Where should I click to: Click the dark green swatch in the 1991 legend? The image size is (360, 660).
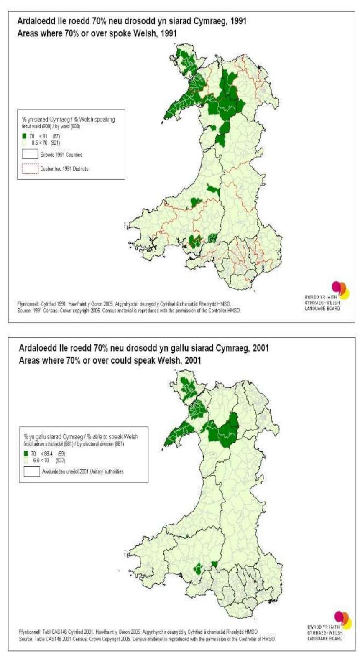pyautogui.click(x=25, y=136)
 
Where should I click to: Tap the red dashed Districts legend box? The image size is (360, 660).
pyautogui.click(x=31, y=169)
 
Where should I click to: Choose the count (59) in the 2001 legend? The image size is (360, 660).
pyautogui.click(x=61, y=454)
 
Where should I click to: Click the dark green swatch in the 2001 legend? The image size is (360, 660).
pyautogui.click(x=26, y=454)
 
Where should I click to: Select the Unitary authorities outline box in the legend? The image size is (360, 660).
pyautogui.click(x=32, y=471)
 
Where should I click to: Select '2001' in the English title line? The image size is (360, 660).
pyautogui.click(x=191, y=360)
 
